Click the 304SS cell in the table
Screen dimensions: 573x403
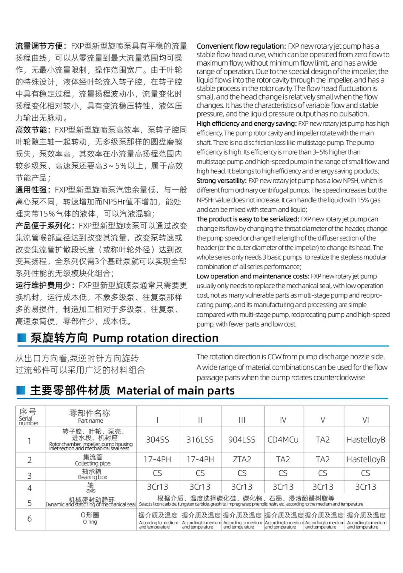tap(157, 440)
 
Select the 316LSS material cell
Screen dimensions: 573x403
tap(200, 440)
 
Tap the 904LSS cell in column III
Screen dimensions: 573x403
tap(242, 440)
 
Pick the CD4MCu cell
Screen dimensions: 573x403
tap(283, 440)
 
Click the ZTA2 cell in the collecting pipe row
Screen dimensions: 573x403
tap(242, 459)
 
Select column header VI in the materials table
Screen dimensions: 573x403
tap(366, 420)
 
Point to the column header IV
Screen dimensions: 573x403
tap(283, 420)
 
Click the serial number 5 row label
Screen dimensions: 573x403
tap(30, 503)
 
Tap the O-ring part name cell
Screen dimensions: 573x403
tap(90, 518)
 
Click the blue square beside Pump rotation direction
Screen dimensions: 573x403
tap(22, 338)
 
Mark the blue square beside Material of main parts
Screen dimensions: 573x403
tap(21, 390)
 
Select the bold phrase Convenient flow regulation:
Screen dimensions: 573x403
tap(241, 46)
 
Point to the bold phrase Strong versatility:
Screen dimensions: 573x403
tap(222, 181)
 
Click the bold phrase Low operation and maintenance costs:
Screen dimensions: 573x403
tap(253, 276)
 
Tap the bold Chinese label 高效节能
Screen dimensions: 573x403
tap(31, 130)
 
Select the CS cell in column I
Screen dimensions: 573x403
tap(157, 473)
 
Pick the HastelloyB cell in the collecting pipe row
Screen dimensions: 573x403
tap(366, 459)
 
